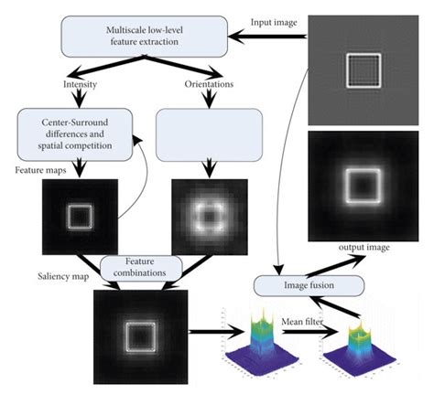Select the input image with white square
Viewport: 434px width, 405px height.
(x=366, y=69)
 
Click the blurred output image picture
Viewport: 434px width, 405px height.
(x=366, y=186)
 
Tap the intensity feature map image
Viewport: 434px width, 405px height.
(x=79, y=216)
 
